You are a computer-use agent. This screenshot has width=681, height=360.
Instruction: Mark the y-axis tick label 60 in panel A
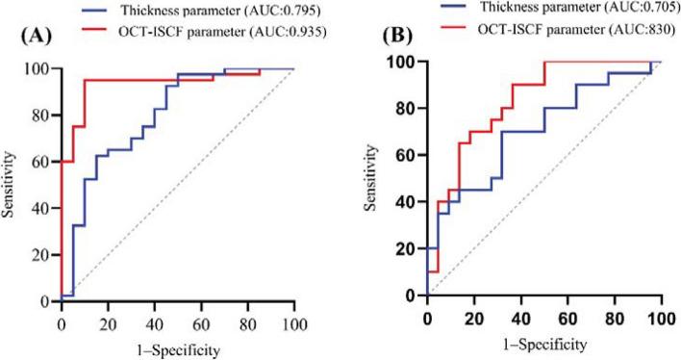coord(45,163)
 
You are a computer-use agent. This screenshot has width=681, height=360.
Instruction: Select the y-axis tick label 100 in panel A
coord(41,69)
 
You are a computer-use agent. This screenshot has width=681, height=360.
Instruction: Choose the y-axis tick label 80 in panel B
coord(409,108)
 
